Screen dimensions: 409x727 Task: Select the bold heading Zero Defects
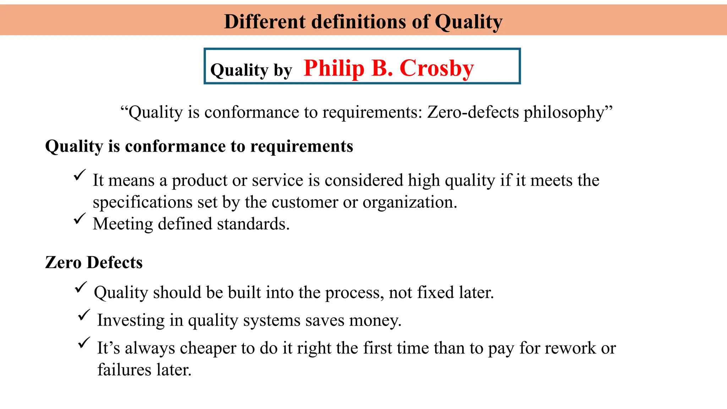(94, 262)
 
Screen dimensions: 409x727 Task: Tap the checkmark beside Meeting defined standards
(80, 218)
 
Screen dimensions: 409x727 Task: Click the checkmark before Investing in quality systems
(84, 315)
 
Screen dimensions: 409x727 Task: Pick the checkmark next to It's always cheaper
(84, 343)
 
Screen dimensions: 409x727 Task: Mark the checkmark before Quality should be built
(81, 287)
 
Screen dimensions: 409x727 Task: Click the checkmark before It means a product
(80, 175)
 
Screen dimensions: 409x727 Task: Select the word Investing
(131, 320)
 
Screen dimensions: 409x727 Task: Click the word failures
(125, 370)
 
